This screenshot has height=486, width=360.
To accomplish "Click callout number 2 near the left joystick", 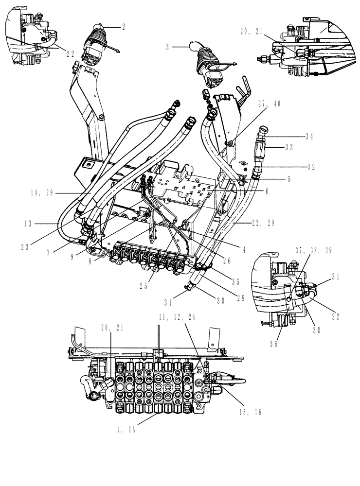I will coord(123,27).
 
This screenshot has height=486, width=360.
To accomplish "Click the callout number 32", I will coord(311,167).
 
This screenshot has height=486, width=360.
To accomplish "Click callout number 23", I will coord(24,246).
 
